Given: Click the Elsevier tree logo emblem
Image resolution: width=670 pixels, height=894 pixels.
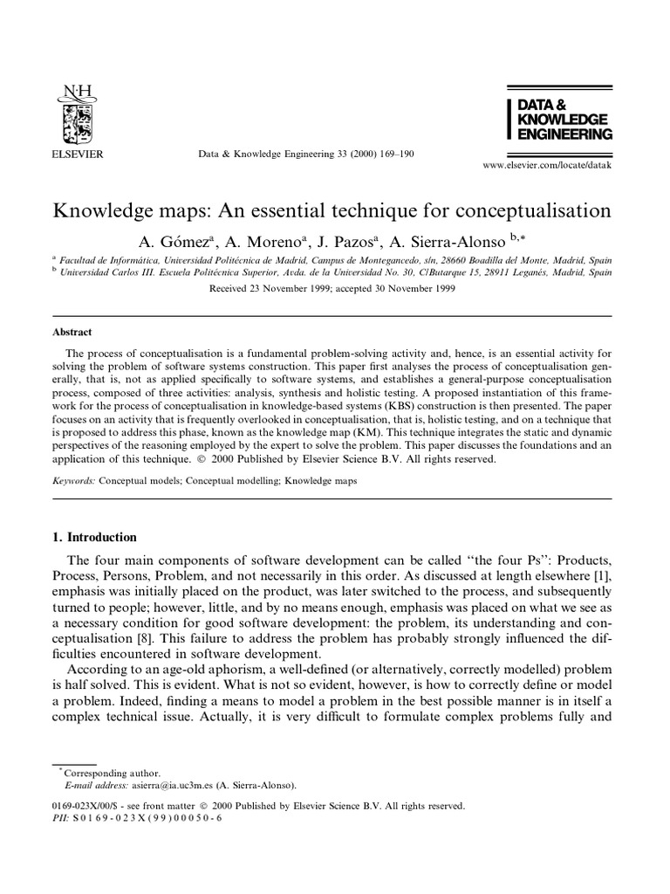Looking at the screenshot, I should pyautogui.click(x=79, y=118).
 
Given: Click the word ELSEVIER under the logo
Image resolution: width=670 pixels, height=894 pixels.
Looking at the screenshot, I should pyautogui.click(x=79, y=154).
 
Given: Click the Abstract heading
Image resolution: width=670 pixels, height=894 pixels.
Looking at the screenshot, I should pyautogui.click(x=72, y=332).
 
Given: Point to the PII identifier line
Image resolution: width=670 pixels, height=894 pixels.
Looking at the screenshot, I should pyautogui.click(x=139, y=819).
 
